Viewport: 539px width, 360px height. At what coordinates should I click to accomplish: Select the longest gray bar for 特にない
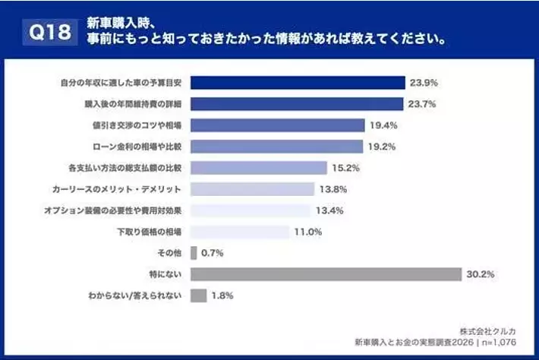(x=326, y=274)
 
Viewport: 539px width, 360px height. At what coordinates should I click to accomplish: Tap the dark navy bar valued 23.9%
(x=298, y=82)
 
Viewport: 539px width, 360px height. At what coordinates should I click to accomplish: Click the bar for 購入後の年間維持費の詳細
(x=297, y=104)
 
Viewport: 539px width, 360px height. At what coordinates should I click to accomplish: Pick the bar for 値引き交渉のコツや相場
(x=278, y=125)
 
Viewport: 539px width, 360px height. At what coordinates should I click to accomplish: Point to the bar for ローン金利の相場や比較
(x=277, y=147)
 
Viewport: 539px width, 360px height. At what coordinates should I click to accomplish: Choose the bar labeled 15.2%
(x=259, y=167)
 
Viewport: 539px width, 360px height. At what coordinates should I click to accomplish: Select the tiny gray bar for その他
(x=194, y=252)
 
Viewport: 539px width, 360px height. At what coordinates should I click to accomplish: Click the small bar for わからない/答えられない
(x=199, y=295)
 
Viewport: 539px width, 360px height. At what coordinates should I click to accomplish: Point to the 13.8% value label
(x=333, y=189)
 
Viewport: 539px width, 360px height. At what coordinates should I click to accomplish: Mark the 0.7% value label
(x=213, y=253)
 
